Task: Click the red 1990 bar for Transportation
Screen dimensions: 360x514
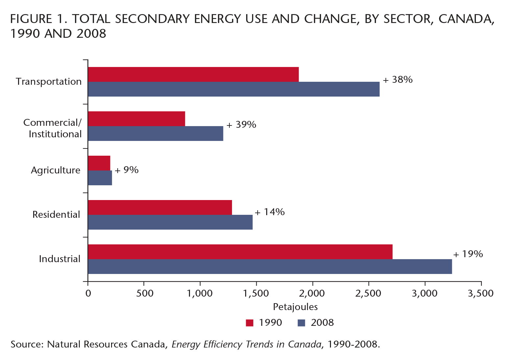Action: point(193,74)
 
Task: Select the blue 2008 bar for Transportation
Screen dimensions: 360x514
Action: point(234,89)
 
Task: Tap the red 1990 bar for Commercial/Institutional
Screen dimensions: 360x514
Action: point(136,119)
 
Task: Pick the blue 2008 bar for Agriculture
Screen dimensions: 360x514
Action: point(100,178)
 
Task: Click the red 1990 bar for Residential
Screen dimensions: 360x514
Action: point(160,207)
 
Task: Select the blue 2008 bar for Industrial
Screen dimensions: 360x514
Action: point(270,266)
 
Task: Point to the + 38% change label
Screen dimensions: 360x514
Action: point(398,80)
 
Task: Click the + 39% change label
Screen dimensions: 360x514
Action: point(241,125)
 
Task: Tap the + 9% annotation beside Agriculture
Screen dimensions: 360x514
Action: point(127,170)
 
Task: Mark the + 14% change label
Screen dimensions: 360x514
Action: point(269,212)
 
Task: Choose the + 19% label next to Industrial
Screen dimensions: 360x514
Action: point(468,254)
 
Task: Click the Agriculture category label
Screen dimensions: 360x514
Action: point(56,170)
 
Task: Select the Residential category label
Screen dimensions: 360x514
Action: point(56,214)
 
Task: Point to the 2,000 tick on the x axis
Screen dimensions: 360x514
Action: point(312,293)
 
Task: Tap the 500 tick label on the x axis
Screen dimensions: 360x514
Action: point(145,293)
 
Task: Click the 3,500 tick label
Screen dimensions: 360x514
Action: point(480,293)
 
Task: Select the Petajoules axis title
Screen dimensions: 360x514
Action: point(295,307)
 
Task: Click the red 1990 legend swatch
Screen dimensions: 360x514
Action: point(250,323)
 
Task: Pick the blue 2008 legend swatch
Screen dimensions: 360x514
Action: point(301,323)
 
